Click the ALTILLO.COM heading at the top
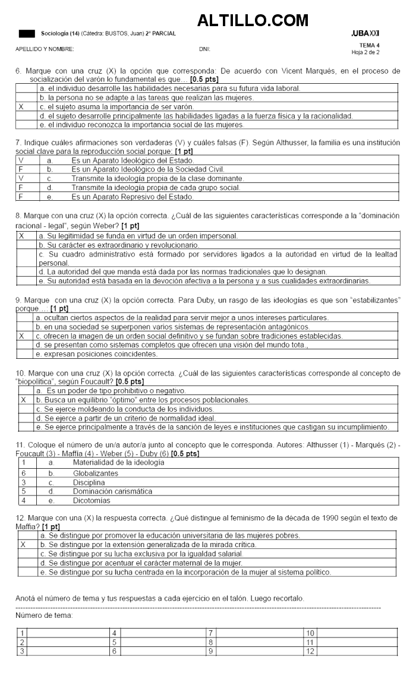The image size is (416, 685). [253, 21]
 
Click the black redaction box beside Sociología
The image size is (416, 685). [27, 34]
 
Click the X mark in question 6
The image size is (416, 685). [21, 107]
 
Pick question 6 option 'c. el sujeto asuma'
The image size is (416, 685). [113, 107]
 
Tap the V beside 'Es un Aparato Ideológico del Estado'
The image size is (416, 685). [21, 160]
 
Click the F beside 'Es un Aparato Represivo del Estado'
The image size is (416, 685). [21, 196]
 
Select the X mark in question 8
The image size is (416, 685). [21, 236]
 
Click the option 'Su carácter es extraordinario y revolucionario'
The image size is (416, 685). [119, 245]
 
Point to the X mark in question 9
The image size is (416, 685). [21, 336]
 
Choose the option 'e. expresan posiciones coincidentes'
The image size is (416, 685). [96, 354]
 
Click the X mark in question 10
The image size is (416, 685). [24, 400]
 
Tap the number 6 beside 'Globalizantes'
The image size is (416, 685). [24, 473]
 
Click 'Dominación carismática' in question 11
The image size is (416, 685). [112, 491]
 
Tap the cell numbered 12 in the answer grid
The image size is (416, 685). [310, 651]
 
